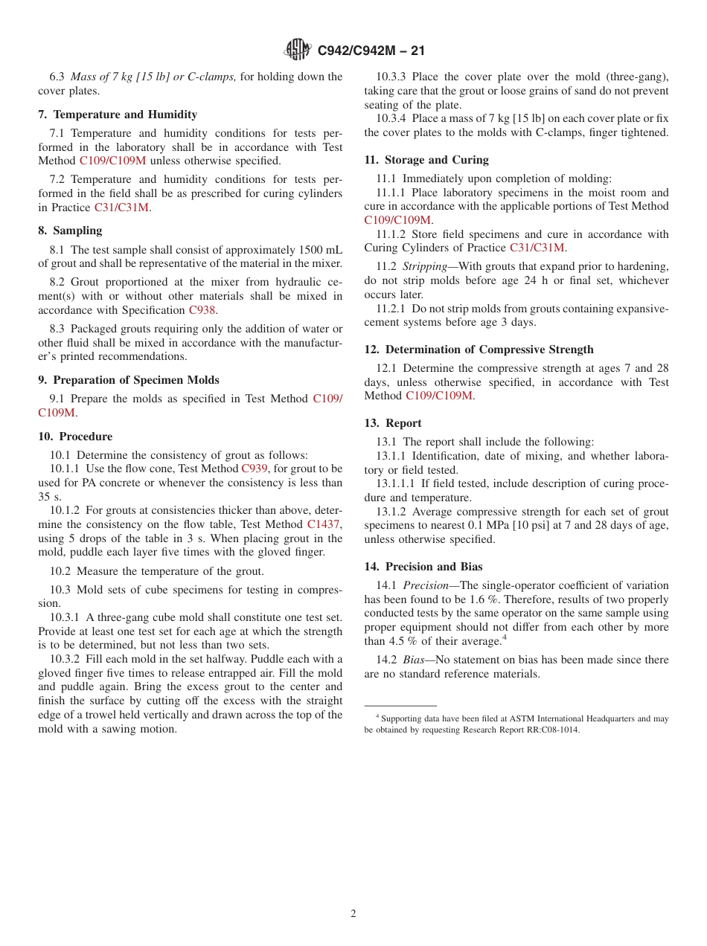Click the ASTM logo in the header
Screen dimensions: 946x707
click(x=298, y=51)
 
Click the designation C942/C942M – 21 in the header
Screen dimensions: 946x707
click(x=371, y=51)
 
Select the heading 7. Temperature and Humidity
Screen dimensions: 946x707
click(x=118, y=115)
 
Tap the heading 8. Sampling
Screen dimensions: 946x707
click(x=70, y=231)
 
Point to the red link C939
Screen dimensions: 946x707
click(x=254, y=469)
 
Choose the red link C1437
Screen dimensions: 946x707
click(x=323, y=524)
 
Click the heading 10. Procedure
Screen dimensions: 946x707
click(x=75, y=437)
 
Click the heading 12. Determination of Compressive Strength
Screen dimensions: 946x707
click(x=479, y=350)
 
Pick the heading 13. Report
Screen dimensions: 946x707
click(x=393, y=423)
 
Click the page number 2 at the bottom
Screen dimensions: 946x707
click(x=353, y=914)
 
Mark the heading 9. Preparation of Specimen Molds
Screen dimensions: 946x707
click(x=129, y=380)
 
